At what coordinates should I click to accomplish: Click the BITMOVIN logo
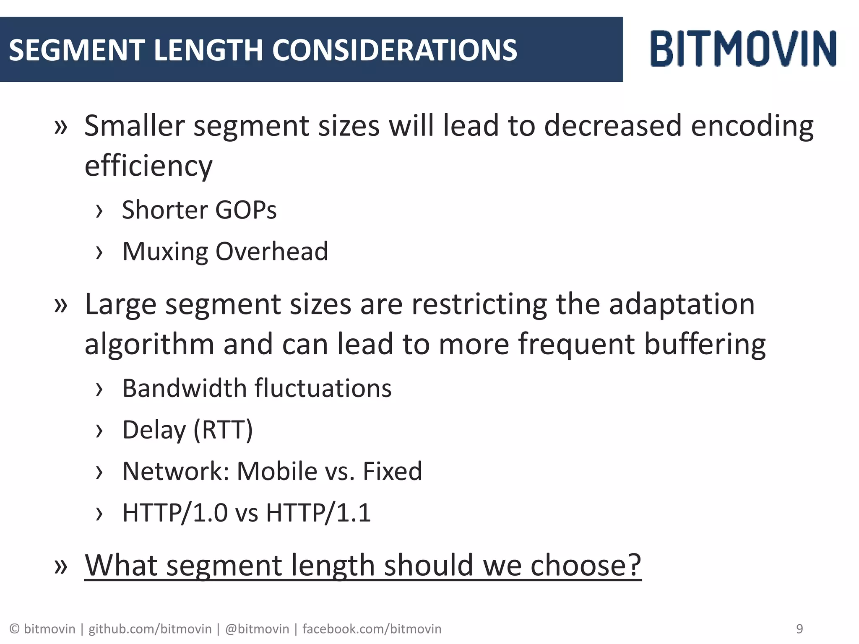pos(743,49)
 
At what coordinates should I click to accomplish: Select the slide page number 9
pos(799,628)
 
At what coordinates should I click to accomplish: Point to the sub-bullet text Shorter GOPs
pos(199,210)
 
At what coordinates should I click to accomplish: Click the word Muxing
pos(165,252)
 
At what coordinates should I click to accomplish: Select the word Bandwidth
pos(184,388)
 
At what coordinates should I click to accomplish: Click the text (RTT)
pos(223,430)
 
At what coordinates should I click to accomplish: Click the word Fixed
pos(392,471)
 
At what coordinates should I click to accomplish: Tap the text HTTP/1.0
pos(175,512)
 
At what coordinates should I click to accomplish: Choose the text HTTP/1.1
pos(318,512)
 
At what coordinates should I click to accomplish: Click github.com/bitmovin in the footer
pos(150,629)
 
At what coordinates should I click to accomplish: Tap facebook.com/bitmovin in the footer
pos(372,629)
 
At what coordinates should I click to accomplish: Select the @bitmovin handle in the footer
pos(257,629)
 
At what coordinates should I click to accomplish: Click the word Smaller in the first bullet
pos(135,126)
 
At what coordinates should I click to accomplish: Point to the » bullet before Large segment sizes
pos(61,305)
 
